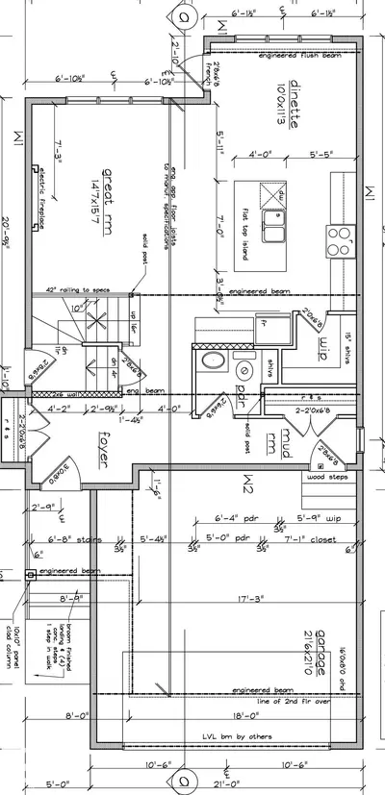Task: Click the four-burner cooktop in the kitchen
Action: point(341,239)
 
